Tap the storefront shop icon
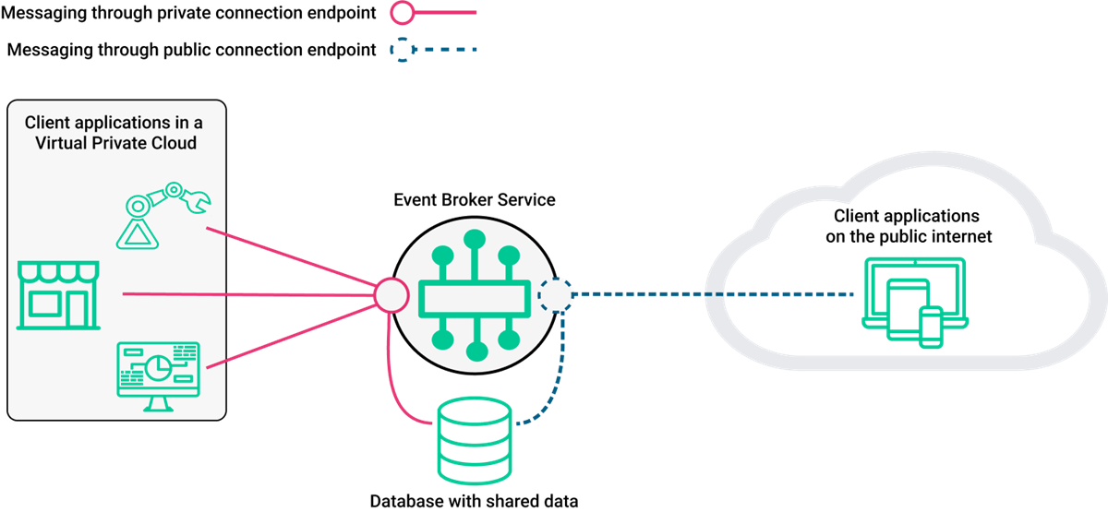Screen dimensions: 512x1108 click(57, 295)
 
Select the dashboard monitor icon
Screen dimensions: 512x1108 click(158, 374)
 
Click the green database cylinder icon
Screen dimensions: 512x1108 click(475, 440)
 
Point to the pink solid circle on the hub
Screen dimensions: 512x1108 click(391, 294)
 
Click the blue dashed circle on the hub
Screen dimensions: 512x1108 click(556, 295)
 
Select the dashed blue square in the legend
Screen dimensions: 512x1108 click(403, 49)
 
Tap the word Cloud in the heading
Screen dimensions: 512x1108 click(175, 143)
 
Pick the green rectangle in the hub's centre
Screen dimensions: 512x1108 click(475, 296)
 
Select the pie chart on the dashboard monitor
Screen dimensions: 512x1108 click(158, 366)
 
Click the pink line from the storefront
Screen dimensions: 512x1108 click(249, 295)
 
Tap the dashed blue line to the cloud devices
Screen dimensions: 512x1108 click(711, 295)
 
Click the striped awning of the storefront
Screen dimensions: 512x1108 click(57, 272)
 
